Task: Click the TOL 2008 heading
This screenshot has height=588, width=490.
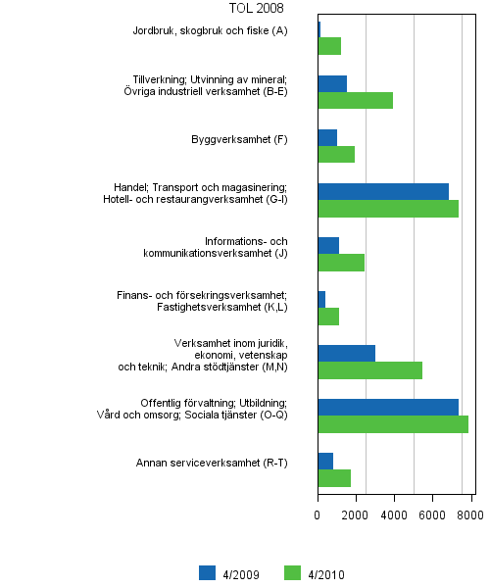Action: [256, 9]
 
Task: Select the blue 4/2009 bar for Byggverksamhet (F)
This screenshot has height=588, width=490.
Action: [327, 137]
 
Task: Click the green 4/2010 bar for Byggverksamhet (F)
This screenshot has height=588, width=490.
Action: [336, 154]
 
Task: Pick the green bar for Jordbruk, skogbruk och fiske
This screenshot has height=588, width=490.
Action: [329, 46]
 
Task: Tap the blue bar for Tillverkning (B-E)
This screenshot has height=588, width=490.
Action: [332, 83]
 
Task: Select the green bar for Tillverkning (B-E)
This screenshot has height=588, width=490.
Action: [355, 100]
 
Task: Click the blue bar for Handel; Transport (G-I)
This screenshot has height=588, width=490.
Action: [383, 191]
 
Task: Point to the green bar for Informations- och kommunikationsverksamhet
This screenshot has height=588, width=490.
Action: [341, 262]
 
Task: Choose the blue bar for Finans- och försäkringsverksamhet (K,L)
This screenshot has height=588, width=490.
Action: [321, 299]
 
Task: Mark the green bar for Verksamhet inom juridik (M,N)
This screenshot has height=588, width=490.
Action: [369, 369]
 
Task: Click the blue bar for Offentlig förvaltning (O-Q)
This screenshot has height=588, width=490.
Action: [388, 407]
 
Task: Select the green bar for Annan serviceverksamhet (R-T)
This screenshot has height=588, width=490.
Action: [334, 478]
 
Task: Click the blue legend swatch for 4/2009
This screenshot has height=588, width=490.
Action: [208, 573]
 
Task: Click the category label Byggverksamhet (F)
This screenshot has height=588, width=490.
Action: [239, 139]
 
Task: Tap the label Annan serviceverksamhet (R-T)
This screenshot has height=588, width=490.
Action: [212, 463]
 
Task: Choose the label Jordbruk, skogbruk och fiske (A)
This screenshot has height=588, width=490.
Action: [211, 31]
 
